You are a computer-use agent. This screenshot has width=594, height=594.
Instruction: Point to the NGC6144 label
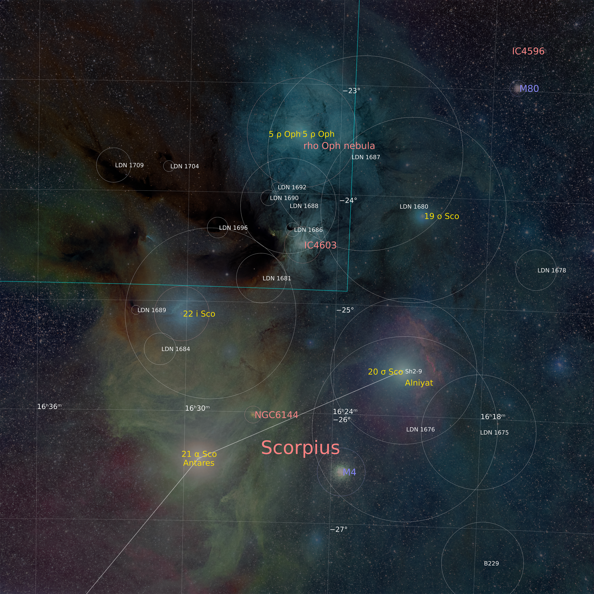click(276, 415)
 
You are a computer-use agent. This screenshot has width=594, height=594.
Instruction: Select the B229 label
click(491, 563)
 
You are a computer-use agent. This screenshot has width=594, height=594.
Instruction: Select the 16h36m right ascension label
click(49, 406)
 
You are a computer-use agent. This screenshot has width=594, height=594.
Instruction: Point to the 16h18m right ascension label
click(492, 417)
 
